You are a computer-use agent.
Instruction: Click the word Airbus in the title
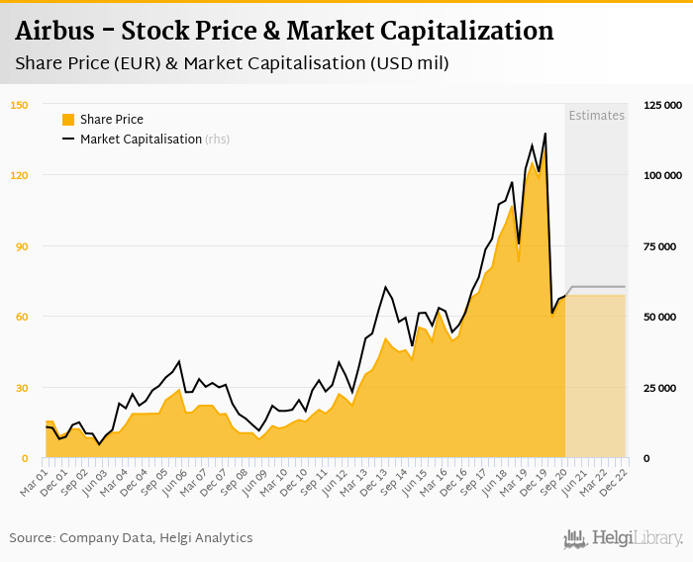click(x=59, y=31)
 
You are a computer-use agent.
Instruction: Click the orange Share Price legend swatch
click(x=68, y=120)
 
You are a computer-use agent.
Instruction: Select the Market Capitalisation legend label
click(x=141, y=140)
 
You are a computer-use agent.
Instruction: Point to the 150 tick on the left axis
click(x=20, y=105)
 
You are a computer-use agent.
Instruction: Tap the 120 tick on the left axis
click(x=20, y=175)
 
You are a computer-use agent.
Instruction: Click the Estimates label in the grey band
click(x=596, y=116)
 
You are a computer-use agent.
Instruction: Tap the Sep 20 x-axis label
click(x=553, y=480)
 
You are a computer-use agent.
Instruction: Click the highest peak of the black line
click(x=544, y=134)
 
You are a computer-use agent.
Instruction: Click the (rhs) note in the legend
click(x=218, y=140)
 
